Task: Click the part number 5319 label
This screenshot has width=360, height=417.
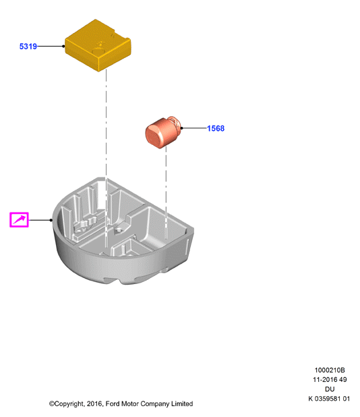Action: tap(28, 47)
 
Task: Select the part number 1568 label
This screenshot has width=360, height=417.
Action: tap(216, 128)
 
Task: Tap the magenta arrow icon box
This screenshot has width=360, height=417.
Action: tap(19, 220)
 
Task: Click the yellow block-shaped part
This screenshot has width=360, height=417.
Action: tap(98, 45)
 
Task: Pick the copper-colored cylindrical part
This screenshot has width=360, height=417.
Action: tap(163, 132)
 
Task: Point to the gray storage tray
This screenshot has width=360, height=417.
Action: tap(123, 231)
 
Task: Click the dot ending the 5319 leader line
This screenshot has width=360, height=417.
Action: tap(63, 47)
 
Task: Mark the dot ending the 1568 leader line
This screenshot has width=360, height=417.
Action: tap(182, 128)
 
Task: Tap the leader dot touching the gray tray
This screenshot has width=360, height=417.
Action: tap(51, 220)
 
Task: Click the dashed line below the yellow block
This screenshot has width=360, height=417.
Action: tap(107, 159)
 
